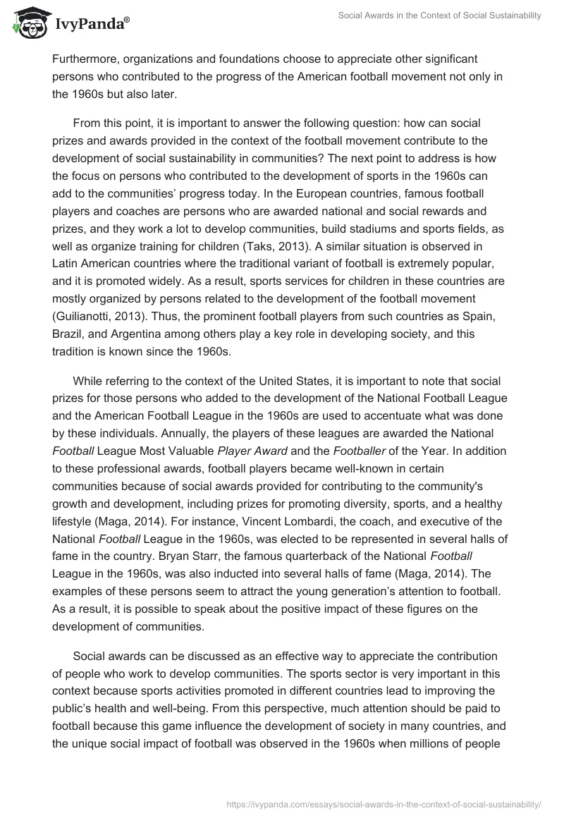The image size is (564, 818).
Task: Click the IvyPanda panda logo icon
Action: [27, 23]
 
